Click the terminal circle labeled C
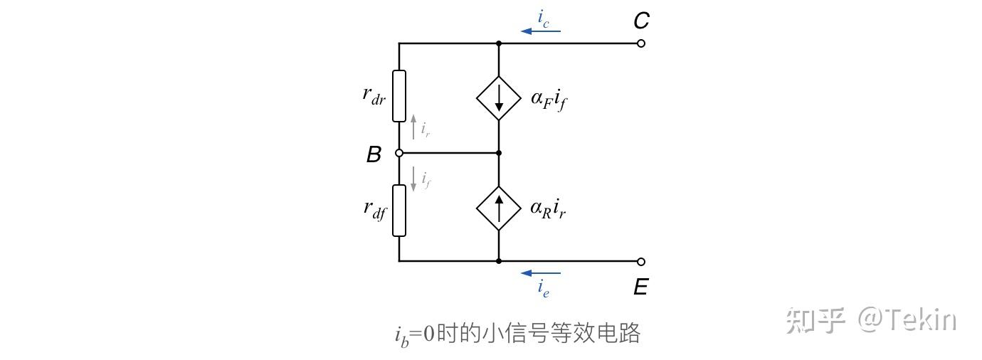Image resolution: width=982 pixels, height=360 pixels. [x=641, y=43]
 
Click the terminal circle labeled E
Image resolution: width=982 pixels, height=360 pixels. [x=641, y=261]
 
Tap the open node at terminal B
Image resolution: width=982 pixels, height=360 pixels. [x=399, y=153]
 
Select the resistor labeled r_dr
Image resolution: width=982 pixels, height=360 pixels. [x=399, y=96]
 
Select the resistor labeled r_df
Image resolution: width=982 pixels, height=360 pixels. [x=399, y=210]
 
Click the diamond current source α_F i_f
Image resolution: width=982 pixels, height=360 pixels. [x=499, y=97]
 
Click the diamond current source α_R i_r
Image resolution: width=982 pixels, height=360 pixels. [x=499, y=208]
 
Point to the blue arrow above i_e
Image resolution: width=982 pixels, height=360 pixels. [x=541, y=272]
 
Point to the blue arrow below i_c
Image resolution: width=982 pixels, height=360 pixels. [x=541, y=31]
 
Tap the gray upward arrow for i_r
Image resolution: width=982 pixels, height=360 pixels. [x=413, y=127]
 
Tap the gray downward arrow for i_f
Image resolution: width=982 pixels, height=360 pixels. [x=413, y=178]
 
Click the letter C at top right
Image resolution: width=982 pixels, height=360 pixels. [x=641, y=21]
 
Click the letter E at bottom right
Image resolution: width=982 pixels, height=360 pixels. [x=640, y=287]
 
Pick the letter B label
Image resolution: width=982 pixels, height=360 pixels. [x=374, y=154]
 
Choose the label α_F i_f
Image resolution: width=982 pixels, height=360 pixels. [x=549, y=99]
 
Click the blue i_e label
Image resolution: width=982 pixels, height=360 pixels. [x=543, y=287]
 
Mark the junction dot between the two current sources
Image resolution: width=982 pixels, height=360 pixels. [x=499, y=153]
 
